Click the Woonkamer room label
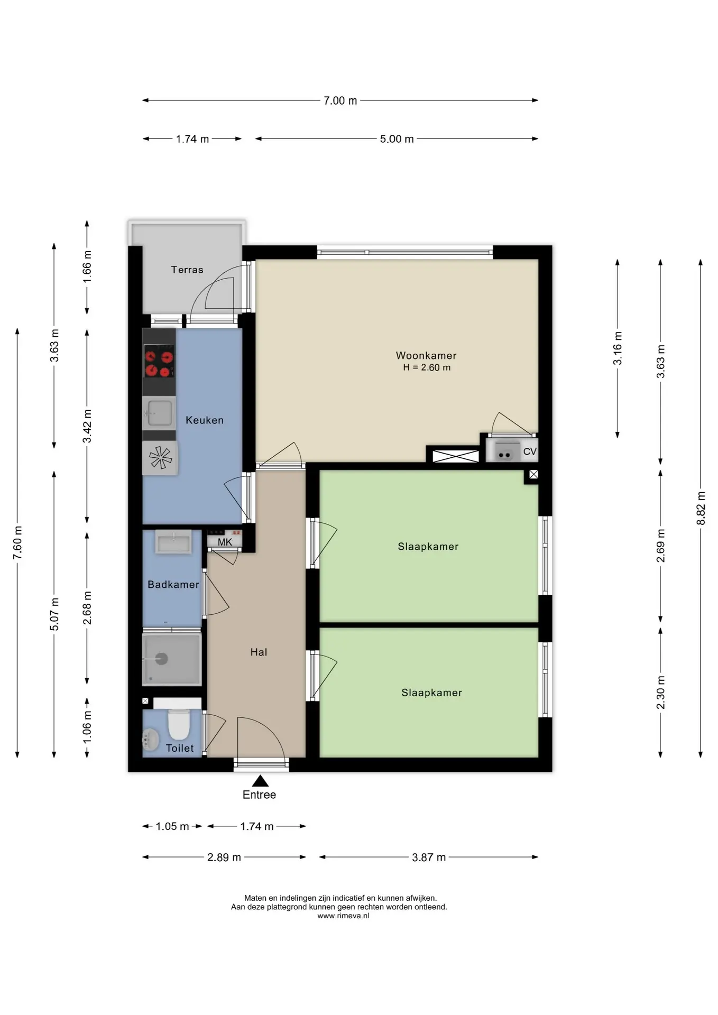point(426,356)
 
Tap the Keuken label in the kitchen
point(205,420)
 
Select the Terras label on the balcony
point(187,270)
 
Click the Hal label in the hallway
point(259,652)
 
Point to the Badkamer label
point(173,585)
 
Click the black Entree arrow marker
point(260,781)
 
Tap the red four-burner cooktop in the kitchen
point(159,362)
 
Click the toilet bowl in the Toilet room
point(179,724)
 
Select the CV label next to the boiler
point(530,451)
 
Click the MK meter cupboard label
point(225,542)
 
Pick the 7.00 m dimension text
point(340,100)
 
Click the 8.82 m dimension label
point(701,509)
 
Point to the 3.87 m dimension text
point(429,857)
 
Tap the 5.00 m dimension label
point(397,139)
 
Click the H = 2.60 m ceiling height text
point(427,367)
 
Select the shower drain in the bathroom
point(161,659)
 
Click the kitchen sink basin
point(159,413)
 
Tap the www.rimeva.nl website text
point(343,916)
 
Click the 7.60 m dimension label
point(17,543)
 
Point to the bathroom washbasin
point(173,542)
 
